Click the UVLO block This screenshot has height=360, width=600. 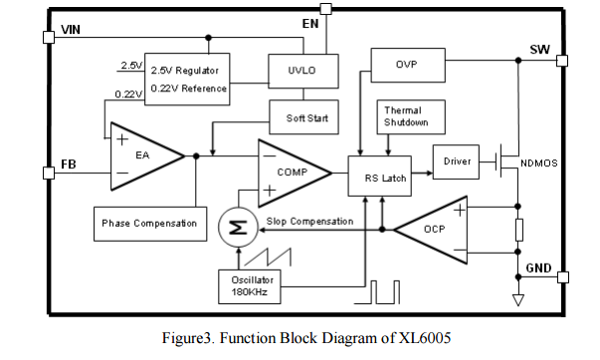pos(303,72)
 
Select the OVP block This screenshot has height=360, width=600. pos(408,65)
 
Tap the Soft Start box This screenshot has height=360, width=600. pos(303,117)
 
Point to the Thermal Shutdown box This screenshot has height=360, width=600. pos(411,117)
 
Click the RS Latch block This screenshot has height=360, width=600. pos(379,176)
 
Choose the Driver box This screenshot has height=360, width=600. pos(456,162)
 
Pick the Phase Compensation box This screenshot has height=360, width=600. pos(150,224)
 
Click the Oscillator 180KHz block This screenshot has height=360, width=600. pos(250,286)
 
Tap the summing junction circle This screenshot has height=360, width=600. pos(238,228)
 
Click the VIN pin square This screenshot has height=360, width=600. pos(49,37)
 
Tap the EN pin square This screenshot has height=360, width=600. pos(325,9)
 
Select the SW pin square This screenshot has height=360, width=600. pos(562,61)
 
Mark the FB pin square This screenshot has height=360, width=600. pos(49,173)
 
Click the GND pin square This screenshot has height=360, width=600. pos(562,277)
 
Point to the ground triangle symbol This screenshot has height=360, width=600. pos(518,300)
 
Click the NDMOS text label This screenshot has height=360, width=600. pos(538,163)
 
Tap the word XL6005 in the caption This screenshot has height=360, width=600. pos(425,338)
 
